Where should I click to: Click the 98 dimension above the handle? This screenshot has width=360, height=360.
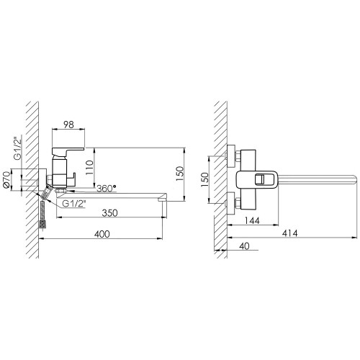coord(68,125)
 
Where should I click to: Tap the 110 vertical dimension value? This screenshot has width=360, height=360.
coord(89,168)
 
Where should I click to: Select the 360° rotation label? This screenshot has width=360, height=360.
coord(107,189)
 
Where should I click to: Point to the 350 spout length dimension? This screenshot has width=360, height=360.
coord(110,213)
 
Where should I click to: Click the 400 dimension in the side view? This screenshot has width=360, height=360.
coord(102,234)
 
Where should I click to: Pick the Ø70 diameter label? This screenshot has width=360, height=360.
coord(6,179)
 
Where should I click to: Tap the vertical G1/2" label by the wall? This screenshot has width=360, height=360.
coord(17,148)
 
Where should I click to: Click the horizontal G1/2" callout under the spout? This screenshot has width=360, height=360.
coord(74,204)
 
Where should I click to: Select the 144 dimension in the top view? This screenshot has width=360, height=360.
coord(252,220)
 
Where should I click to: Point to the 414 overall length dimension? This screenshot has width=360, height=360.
coord(289,233)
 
